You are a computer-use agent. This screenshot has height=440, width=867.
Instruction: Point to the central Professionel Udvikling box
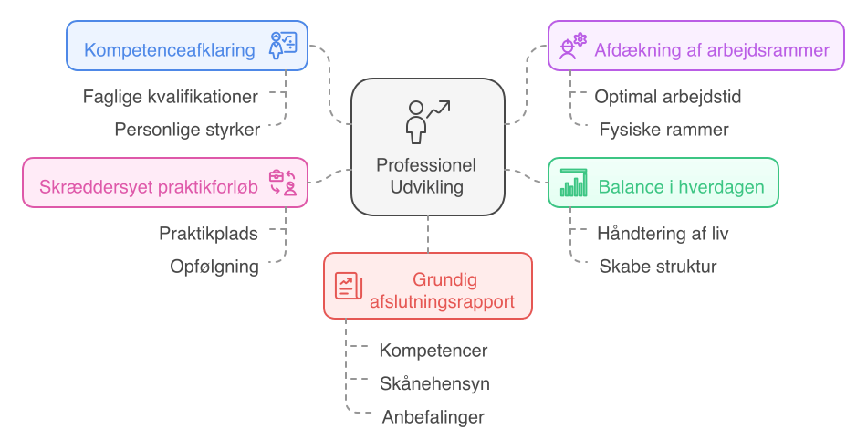click(428, 147)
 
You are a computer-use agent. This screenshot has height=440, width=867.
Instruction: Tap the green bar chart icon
click(574, 183)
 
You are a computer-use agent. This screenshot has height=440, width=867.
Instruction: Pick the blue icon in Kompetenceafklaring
click(283, 46)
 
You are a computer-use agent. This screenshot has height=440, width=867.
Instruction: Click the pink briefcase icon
click(283, 183)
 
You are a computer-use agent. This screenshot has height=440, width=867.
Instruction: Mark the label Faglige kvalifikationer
click(171, 96)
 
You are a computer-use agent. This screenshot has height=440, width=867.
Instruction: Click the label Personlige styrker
click(187, 130)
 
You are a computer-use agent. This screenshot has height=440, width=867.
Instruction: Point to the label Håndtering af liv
click(663, 234)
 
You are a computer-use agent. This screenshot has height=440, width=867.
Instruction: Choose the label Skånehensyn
click(434, 383)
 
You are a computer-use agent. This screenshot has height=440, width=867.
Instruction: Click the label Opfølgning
click(214, 267)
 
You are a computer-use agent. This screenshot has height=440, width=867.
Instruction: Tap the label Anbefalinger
click(433, 417)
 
